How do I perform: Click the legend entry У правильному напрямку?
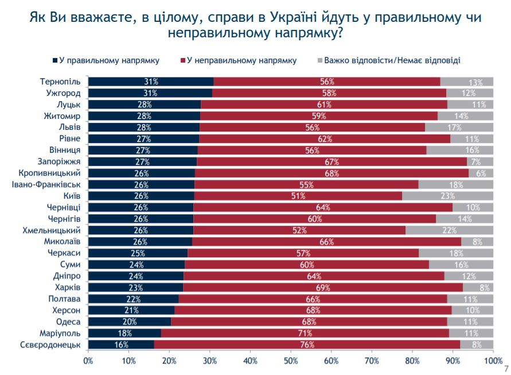pos(107,60)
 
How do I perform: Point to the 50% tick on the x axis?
pos(291,361)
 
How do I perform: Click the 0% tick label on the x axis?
pos(88,361)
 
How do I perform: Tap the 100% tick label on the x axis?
pos(493,361)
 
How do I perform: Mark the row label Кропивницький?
pos(54,173)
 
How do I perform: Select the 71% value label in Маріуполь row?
pos(305,333)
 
